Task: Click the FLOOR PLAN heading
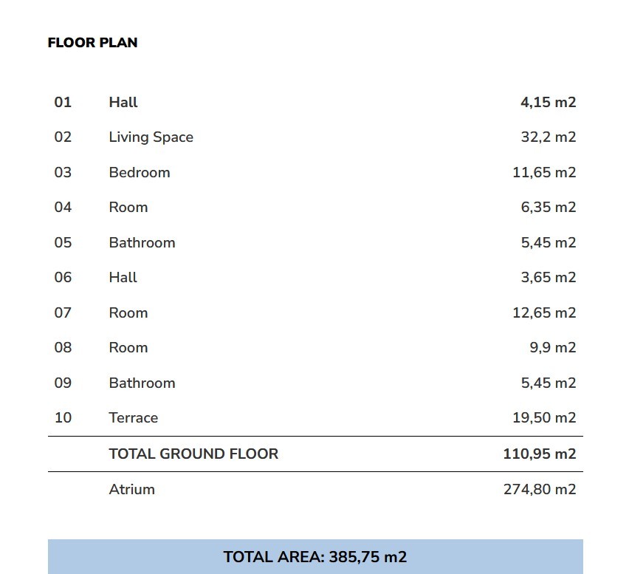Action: (x=92, y=43)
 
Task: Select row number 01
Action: (x=63, y=102)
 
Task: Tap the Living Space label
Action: (x=151, y=137)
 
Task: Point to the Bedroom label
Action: (x=139, y=172)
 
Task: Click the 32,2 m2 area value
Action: (x=548, y=137)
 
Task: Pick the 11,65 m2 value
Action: (x=544, y=172)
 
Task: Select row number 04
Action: (x=63, y=208)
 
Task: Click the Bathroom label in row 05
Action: (x=142, y=242)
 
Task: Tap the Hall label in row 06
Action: (x=123, y=278)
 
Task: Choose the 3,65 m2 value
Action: (x=548, y=278)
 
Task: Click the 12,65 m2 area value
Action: (x=544, y=312)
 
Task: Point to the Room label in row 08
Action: (x=128, y=348)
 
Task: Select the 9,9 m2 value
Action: (x=552, y=348)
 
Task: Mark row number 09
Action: (x=63, y=383)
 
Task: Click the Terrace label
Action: (x=133, y=418)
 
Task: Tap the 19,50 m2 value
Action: (x=544, y=418)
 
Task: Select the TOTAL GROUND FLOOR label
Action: (x=193, y=454)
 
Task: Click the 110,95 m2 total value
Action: (x=540, y=454)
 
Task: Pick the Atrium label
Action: (x=131, y=489)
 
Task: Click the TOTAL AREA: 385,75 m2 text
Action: (x=315, y=557)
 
